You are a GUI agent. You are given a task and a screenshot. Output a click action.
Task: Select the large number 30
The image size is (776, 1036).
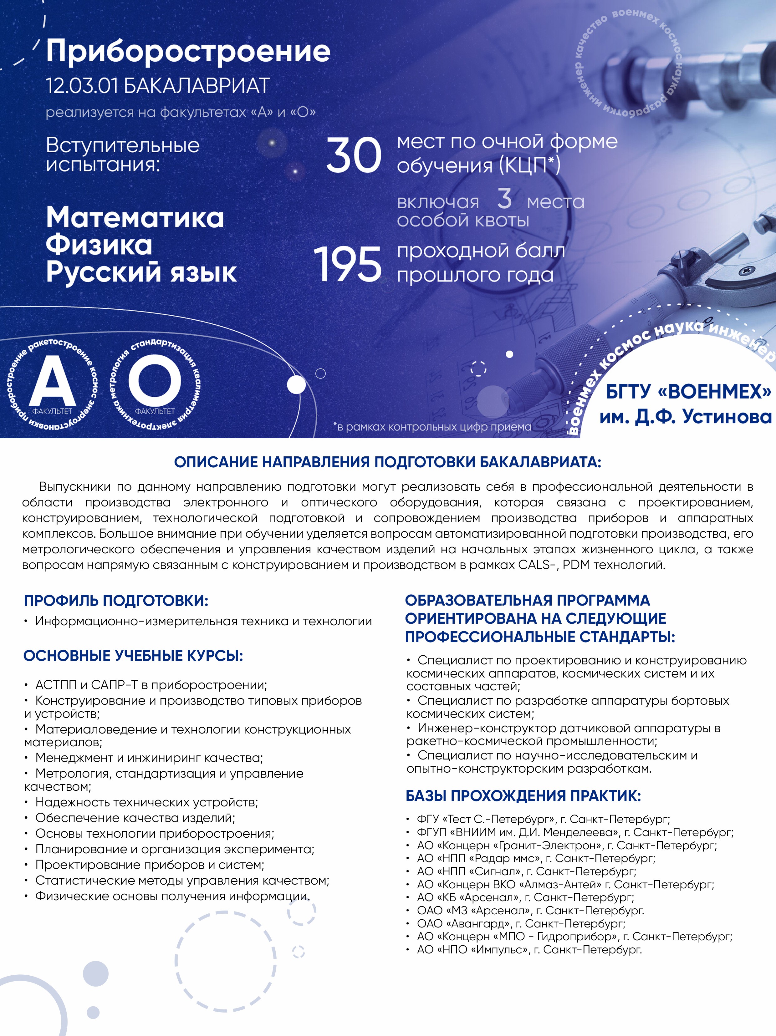[354, 155]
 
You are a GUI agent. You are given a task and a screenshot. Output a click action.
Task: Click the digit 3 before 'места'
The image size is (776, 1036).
[504, 199]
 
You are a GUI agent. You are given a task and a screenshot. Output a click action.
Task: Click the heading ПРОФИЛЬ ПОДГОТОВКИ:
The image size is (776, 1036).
[116, 601]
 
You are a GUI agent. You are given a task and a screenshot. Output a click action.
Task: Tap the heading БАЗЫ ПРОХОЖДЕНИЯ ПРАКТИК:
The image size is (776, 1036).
[523, 796]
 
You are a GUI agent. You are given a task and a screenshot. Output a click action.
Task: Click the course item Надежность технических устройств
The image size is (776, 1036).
[146, 802]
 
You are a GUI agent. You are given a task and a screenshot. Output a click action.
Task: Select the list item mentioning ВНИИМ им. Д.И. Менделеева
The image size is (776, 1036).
[574, 832]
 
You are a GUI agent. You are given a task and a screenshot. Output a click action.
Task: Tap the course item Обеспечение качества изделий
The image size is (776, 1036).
[135, 818]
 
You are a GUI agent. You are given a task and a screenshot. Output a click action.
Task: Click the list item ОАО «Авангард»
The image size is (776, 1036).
[521, 924]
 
